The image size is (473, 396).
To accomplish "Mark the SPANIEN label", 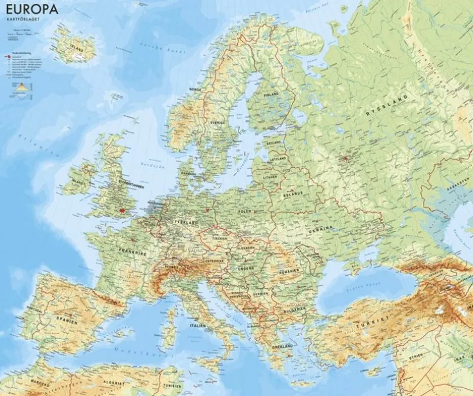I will (67, 318).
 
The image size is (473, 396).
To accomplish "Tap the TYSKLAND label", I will (186, 222).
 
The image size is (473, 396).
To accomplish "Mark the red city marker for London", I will (121, 209).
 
